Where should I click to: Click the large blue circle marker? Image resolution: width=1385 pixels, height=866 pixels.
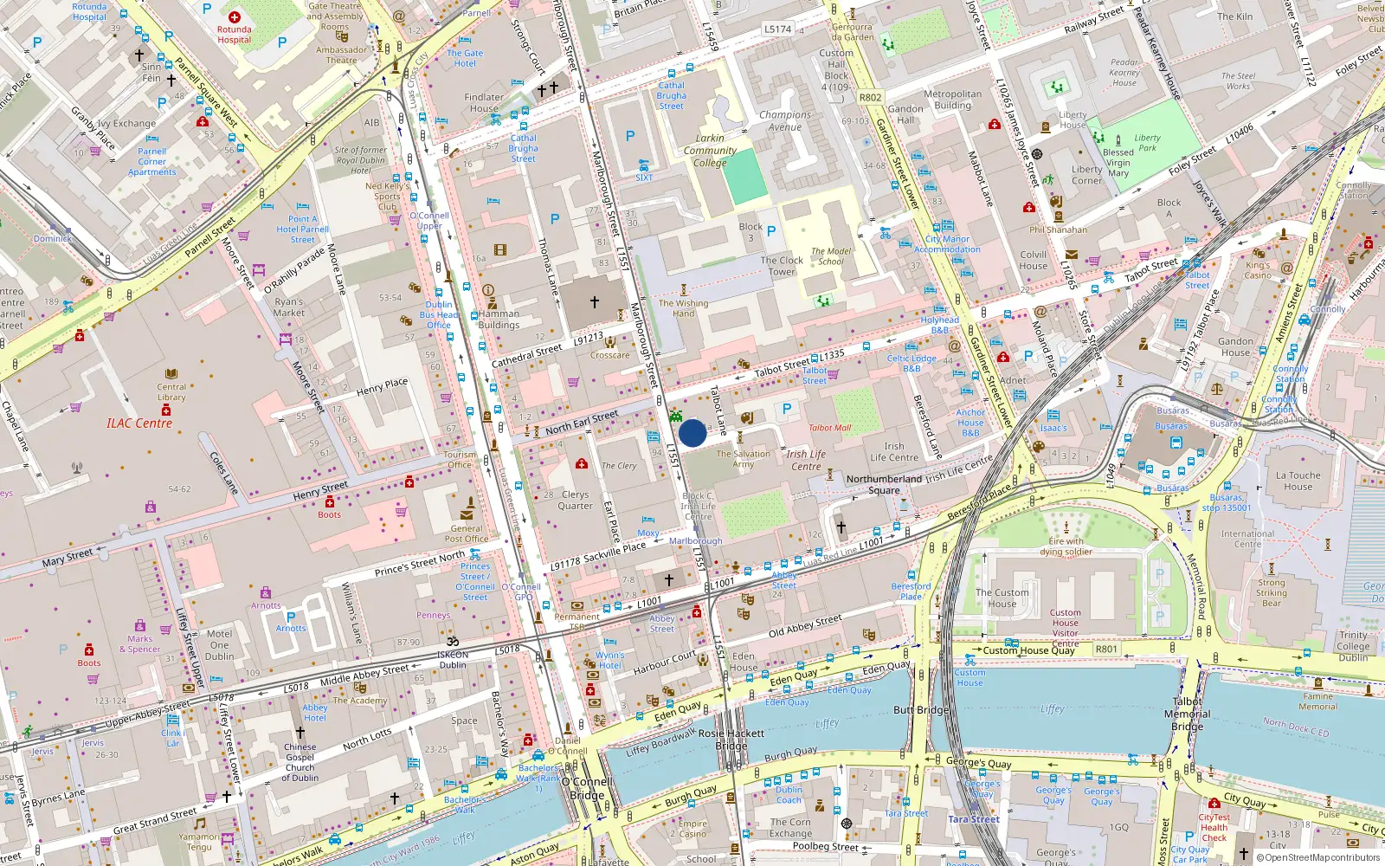[692, 433]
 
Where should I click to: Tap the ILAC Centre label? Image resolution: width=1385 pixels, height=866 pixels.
[139, 423]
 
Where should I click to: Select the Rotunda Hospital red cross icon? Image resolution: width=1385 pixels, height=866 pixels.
[235, 17]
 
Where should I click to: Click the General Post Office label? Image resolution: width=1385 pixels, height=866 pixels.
[467, 533]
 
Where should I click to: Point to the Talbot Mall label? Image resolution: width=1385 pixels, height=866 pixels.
[829, 428]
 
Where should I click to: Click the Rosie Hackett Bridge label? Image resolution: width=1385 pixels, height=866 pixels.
[731, 739]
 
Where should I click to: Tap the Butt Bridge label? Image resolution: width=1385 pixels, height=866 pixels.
[921, 710]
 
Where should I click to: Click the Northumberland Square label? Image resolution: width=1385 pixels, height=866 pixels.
[884, 484]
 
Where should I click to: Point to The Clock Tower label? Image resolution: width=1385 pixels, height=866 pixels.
[782, 266]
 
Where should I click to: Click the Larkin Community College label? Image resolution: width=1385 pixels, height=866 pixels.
[710, 150]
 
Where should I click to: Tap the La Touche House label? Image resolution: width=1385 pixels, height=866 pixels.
[1298, 481]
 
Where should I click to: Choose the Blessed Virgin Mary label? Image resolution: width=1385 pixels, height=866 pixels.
[1118, 163]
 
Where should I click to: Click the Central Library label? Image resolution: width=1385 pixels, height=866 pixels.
[171, 392]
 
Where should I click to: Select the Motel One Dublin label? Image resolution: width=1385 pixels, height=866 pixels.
[219, 644]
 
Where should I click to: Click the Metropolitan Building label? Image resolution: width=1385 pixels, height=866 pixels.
[952, 100]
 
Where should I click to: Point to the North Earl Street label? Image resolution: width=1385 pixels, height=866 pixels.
[582, 423]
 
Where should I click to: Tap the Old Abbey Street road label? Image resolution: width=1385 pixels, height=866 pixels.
[805, 626]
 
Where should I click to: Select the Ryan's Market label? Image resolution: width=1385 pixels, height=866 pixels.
[289, 307]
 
